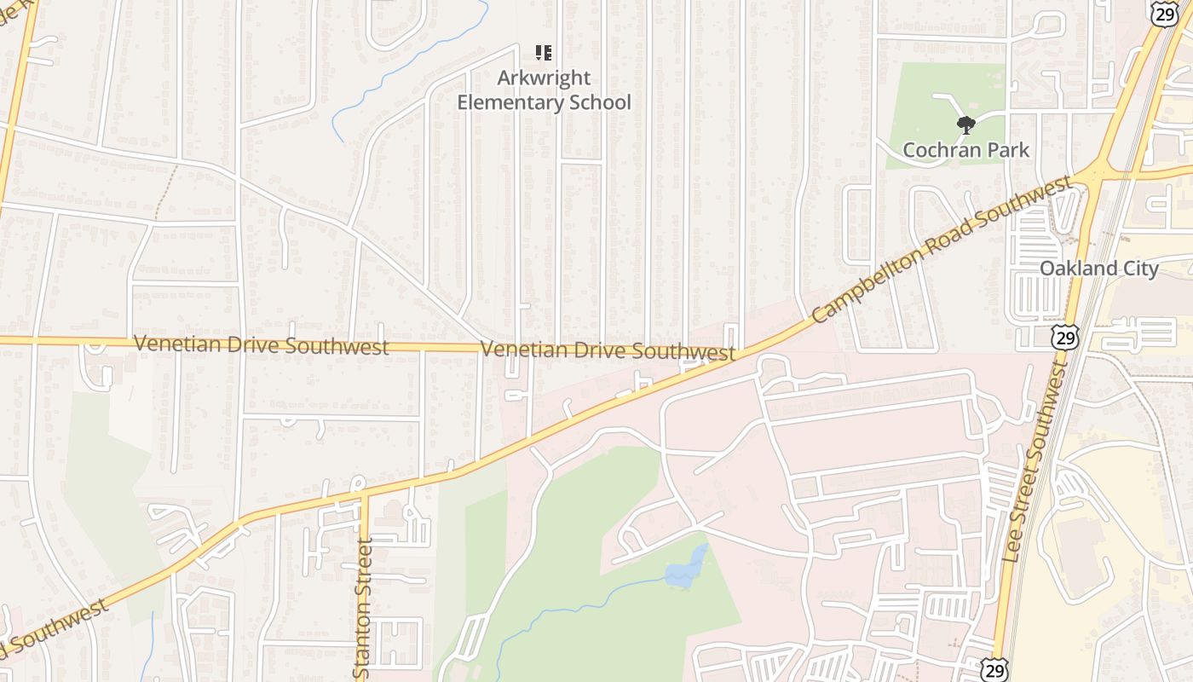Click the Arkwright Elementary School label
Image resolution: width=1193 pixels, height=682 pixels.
coord(544,90)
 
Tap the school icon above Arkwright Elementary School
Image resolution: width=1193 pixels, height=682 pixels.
coord(543,53)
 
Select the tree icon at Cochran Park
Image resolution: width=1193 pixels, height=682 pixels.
coord(965,126)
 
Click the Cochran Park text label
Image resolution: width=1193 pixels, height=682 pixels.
coord(965,151)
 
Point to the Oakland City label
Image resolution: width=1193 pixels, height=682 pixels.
coord(1098,269)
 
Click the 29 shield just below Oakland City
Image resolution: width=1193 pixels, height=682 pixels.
coord(1064,337)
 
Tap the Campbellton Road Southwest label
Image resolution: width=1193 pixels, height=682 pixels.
coord(942,250)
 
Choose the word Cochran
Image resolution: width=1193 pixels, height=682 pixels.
coord(938,151)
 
